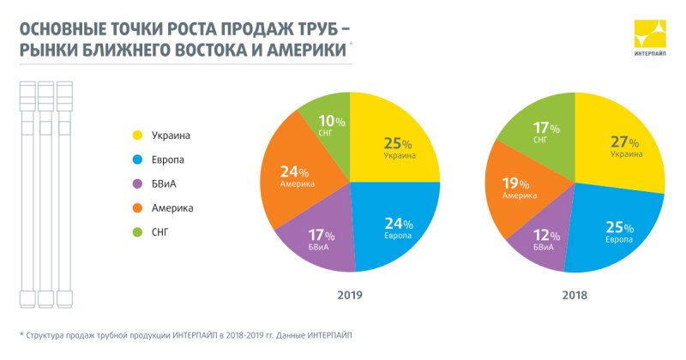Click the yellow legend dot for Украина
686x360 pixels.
tap(136, 135)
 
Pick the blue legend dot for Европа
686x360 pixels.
tap(136, 159)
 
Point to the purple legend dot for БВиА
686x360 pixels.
tap(136, 183)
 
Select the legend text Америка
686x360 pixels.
tap(172, 208)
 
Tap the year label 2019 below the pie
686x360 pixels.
tap(349, 294)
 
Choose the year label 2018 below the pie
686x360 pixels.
tap(575, 294)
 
